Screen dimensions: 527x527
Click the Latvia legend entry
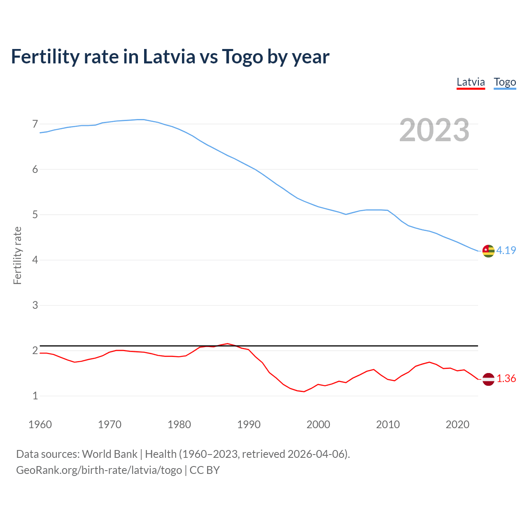[x=471, y=82]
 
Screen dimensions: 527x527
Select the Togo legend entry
[x=505, y=82]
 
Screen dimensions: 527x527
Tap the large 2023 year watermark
[x=434, y=130]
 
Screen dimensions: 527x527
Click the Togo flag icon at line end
[x=488, y=251]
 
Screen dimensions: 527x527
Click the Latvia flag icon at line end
[x=488, y=379]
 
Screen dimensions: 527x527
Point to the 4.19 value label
[x=506, y=250]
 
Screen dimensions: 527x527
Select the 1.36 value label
[x=506, y=379]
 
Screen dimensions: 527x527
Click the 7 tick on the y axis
[x=35, y=124]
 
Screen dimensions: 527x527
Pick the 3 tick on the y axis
[x=35, y=305]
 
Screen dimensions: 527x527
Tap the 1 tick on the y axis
[x=35, y=396]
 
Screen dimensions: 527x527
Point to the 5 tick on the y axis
[x=35, y=215]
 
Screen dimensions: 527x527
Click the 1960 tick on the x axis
[x=40, y=424]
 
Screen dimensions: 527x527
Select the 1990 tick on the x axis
[x=249, y=424]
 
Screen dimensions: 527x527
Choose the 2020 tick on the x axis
[x=457, y=424]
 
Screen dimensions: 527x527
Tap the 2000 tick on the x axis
[x=318, y=424]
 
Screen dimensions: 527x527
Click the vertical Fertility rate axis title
[x=17, y=255]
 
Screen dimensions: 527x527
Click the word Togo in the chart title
[x=243, y=57]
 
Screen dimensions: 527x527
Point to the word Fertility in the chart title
[x=44, y=57]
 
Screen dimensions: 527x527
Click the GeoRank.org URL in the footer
[x=99, y=470]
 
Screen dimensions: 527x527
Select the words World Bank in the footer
[x=110, y=454]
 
